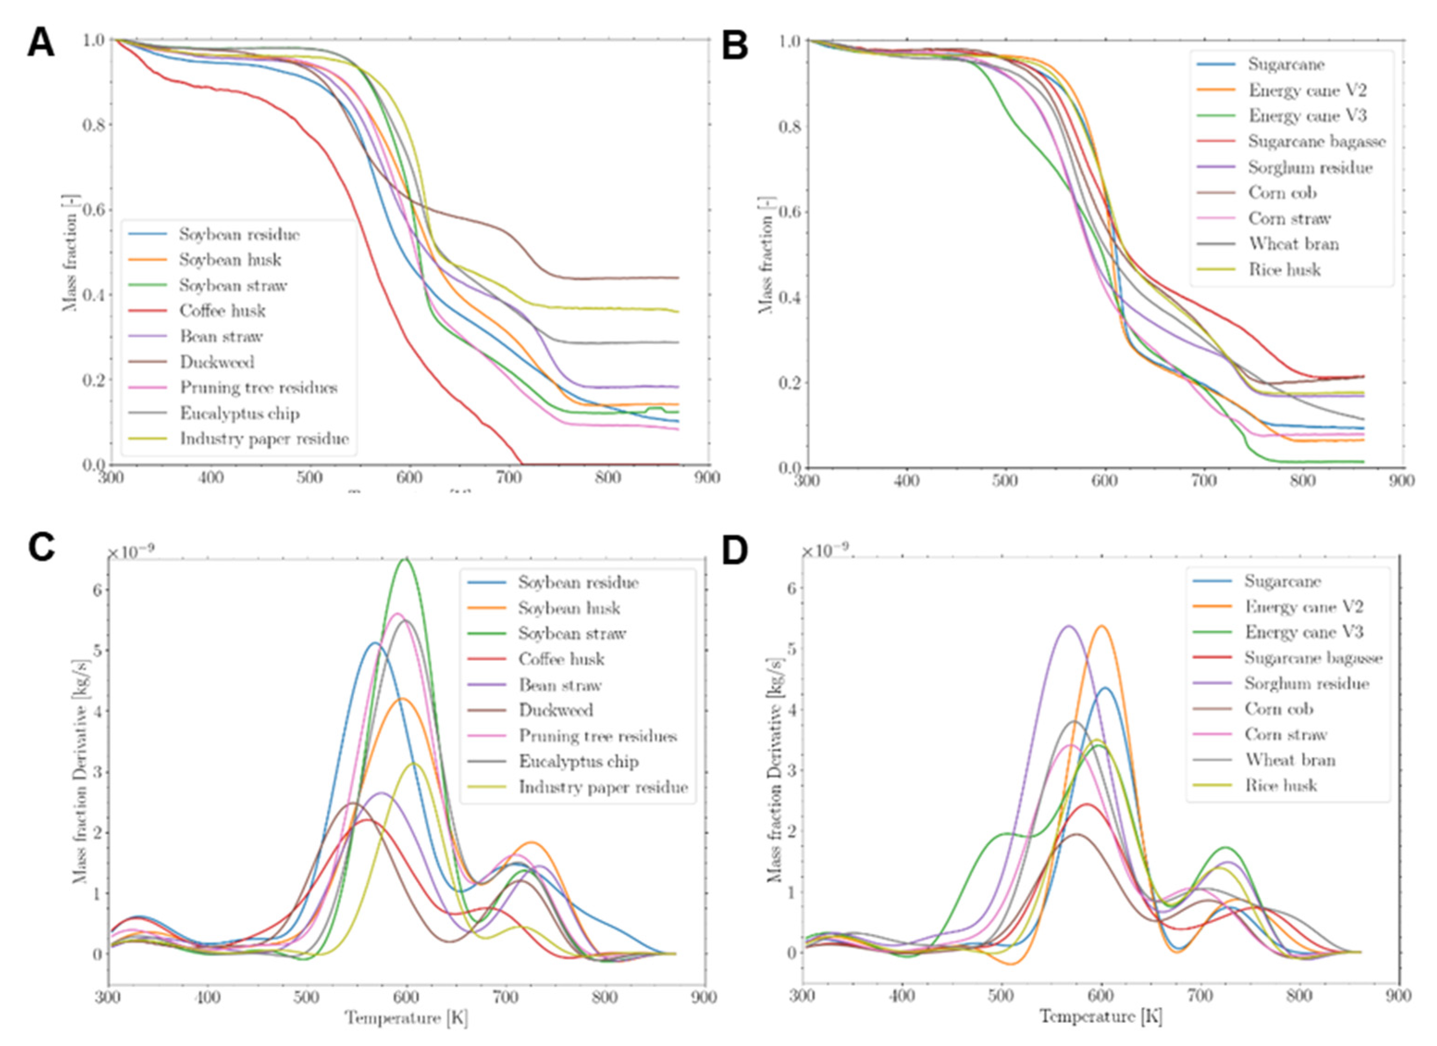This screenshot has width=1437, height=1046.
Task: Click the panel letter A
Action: coord(41,44)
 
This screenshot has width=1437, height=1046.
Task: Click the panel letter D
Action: coord(734,552)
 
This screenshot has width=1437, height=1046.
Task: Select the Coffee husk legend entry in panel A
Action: coord(222,311)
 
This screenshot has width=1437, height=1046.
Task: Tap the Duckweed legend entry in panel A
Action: coord(217,362)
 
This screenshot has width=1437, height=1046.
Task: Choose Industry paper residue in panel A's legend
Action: coord(264,439)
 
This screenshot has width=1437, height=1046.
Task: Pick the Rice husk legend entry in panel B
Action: coord(1284,270)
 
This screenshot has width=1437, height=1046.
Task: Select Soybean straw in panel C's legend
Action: coord(572,633)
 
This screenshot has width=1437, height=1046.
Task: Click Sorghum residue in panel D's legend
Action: coord(1307,684)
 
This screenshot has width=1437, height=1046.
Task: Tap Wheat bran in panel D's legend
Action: coord(1290,760)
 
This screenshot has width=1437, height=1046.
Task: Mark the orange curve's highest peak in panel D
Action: coord(1102,626)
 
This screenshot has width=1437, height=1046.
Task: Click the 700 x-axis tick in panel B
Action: coord(1203,480)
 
